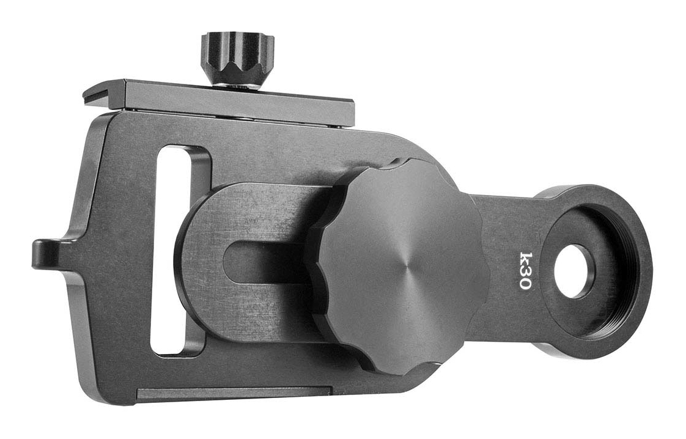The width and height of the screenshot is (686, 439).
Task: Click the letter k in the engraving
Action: pos(525,258)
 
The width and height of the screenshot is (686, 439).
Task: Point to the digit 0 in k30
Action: pos(525,284)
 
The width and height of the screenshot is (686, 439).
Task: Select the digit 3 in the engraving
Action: pos(525,272)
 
